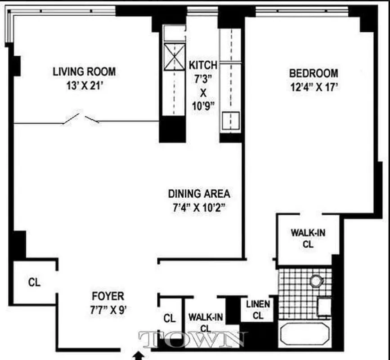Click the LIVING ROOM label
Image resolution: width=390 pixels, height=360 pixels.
tap(84, 72)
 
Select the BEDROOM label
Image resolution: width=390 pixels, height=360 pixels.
tap(313, 73)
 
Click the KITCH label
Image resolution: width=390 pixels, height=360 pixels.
tap(202, 65)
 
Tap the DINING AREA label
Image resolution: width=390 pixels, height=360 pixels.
tap(199, 194)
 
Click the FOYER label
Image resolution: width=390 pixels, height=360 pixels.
tap(108, 296)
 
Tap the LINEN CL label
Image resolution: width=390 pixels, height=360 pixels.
tap(258, 310)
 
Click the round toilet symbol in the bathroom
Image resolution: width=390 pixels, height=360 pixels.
tap(317, 281)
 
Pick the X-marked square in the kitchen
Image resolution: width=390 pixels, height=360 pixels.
tap(175, 57)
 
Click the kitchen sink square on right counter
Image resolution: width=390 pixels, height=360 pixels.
tap(231, 119)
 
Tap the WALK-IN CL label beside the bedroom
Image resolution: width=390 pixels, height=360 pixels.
tap(308, 238)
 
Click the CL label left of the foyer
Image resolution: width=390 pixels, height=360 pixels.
tap(34, 283)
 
